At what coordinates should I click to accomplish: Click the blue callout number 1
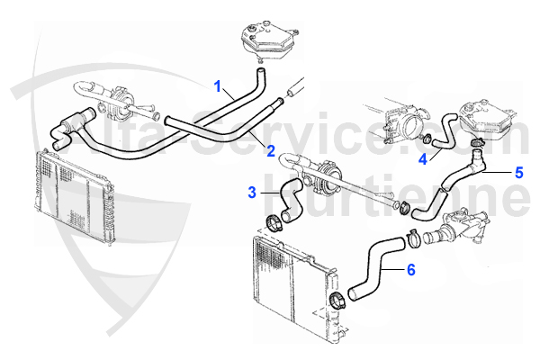coord(217,86)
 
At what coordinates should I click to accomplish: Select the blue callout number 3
coord(253,191)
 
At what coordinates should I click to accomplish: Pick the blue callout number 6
coord(411,268)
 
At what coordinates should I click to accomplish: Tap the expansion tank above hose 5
coord(485,121)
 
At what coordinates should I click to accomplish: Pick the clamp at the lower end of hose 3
coord(273,224)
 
